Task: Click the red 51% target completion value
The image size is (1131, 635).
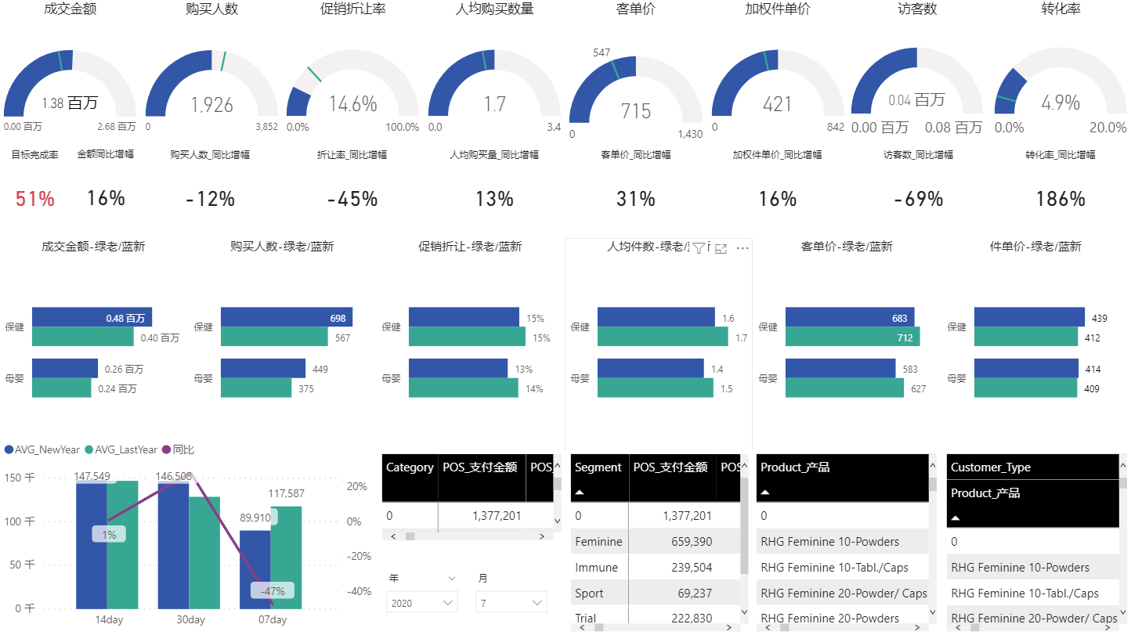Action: pos(35,199)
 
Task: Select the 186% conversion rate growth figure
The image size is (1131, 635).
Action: pos(1060,199)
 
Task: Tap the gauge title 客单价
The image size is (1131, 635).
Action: pos(635,9)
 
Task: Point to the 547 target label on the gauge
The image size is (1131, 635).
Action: pos(602,52)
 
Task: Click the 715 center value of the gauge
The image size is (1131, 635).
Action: pos(635,110)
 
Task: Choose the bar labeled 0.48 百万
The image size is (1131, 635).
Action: pos(92,317)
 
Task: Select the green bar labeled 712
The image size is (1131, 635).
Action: pos(852,337)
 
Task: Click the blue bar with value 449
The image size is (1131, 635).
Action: pos(262,369)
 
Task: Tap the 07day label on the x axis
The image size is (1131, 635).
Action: pos(272,619)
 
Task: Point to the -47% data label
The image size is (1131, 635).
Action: pos(272,591)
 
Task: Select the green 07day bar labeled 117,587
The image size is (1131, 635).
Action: pos(286,557)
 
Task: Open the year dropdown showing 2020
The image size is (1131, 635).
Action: pos(422,602)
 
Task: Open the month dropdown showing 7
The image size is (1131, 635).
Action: pos(511,602)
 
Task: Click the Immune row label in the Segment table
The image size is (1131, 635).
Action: pos(596,568)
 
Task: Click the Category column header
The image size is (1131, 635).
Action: pos(410,467)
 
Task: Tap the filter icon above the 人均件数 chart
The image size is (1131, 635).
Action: pos(699,248)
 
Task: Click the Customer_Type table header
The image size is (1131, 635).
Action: pos(990,467)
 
